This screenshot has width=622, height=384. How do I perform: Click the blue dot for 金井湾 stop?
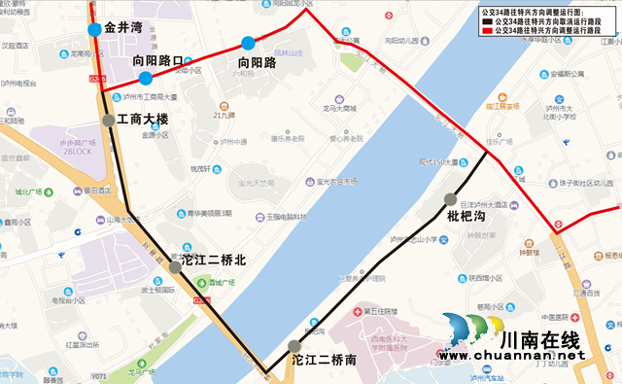(x=94, y=30)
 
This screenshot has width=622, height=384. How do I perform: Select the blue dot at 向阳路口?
(x=145, y=79)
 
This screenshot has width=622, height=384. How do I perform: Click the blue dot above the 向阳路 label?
(x=249, y=43)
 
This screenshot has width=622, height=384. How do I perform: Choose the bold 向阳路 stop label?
(x=257, y=62)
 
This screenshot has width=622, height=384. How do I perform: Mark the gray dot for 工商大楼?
(x=108, y=121)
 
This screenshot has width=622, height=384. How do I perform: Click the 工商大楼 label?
(x=142, y=120)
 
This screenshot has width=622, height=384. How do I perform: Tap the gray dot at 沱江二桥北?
(x=175, y=266)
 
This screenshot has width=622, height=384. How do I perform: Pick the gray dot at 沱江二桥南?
(x=294, y=345)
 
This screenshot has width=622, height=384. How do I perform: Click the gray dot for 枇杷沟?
(x=451, y=199)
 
